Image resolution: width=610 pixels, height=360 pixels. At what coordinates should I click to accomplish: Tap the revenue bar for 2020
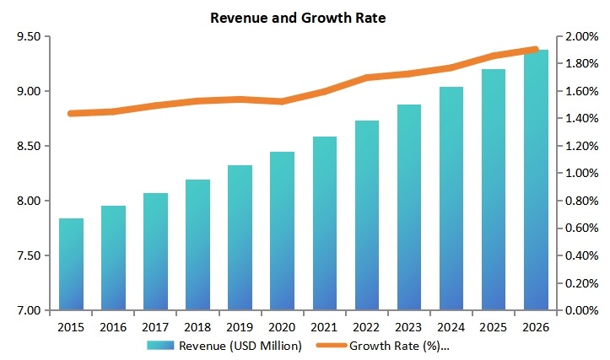click(283, 231)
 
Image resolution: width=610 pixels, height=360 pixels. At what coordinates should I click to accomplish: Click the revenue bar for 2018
click(198, 244)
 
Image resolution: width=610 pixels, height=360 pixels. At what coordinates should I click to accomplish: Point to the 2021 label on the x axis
click(325, 326)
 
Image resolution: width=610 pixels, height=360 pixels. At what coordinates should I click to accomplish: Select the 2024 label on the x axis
click(451, 326)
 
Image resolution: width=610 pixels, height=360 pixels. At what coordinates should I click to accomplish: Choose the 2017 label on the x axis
click(156, 326)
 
